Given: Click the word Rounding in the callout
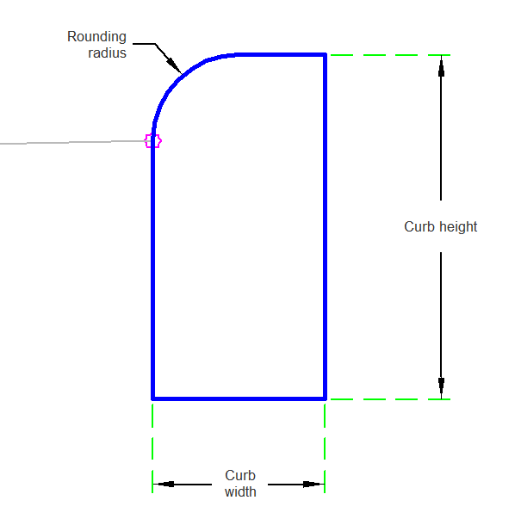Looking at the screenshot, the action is pos(96,37).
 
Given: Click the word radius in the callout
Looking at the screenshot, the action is pos(108,52).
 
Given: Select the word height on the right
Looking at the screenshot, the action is pos(458,226).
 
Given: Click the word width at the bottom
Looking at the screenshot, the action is pos(240,491).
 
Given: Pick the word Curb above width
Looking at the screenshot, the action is pos(240,475).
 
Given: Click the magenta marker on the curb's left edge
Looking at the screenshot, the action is pos(153,140).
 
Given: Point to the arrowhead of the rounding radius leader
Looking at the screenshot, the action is pos(174,65).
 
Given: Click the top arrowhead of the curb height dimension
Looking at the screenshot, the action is pos(441,66).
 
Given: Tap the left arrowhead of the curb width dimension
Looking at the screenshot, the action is pos(164,485).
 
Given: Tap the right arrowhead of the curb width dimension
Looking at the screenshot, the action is pos(313,485).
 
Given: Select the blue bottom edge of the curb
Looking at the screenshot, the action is pos(239,398).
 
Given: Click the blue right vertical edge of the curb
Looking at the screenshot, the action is pos(325,226).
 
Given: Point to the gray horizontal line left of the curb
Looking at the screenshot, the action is pos(72,142).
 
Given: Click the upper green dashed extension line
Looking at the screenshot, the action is pos(390,55).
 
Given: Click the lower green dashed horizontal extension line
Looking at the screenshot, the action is pos(390,399).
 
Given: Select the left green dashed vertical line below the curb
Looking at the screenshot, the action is pos(152,448).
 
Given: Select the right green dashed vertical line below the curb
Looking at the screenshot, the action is pos(325,448).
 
